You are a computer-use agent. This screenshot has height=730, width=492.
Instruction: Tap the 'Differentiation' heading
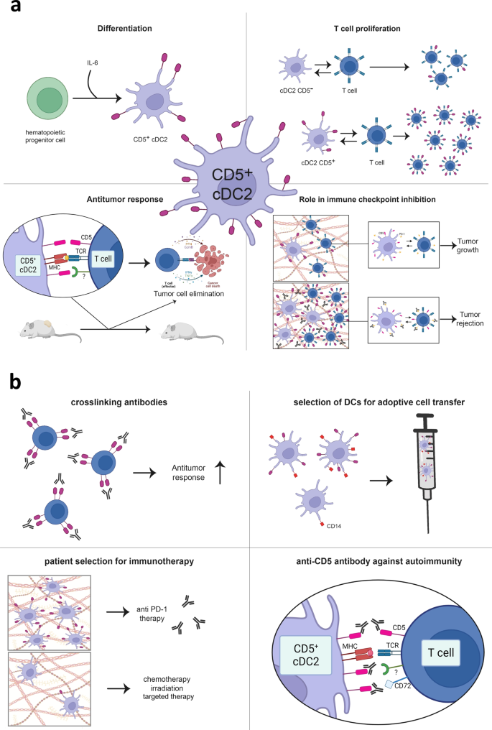coord(124,30)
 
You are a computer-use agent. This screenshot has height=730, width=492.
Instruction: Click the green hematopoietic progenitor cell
coord(48,99)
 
